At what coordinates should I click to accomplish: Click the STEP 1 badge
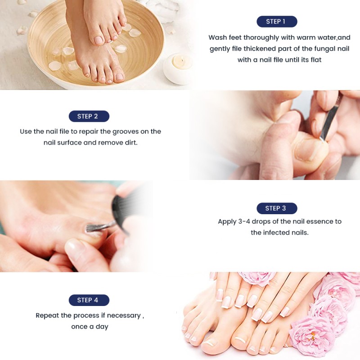point(277,22)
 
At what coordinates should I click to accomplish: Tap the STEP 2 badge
point(89,116)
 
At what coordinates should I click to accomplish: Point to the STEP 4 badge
point(89,300)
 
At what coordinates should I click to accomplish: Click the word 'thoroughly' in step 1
point(262,37)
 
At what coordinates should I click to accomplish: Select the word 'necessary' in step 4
point(122,315)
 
